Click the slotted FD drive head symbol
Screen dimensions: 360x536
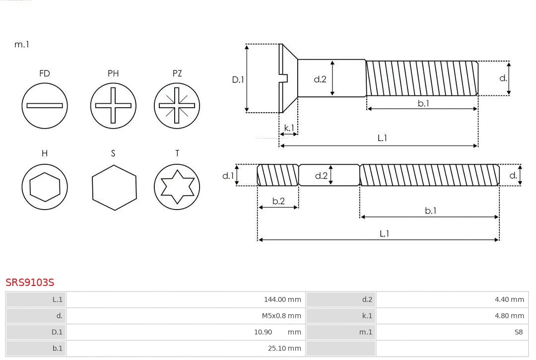[45, 105]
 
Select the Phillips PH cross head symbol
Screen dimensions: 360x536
[113, 105]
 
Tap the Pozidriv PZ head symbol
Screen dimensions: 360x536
[177, 105]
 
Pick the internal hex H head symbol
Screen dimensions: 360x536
[45, 187]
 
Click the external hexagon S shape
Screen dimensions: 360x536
[114, 187]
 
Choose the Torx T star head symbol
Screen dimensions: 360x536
[177, 187]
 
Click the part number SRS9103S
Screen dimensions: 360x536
[30, 282]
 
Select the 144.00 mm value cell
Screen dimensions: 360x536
[282, 299]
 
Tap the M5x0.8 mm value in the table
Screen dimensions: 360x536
[281, 316]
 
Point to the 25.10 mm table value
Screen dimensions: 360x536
[284, 348]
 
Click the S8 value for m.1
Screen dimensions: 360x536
[518, 332]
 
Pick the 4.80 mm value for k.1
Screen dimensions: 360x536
[509, 316]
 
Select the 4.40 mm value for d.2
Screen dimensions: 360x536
[509, 299]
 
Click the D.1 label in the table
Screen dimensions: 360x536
[57, 332]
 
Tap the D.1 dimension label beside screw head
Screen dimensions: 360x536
[238, 79]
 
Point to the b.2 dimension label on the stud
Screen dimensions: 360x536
[278, 201]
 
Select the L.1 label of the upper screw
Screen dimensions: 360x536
[382, 138]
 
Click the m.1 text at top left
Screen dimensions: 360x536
[22, 44]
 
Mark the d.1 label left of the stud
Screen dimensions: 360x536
[227, 175]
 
